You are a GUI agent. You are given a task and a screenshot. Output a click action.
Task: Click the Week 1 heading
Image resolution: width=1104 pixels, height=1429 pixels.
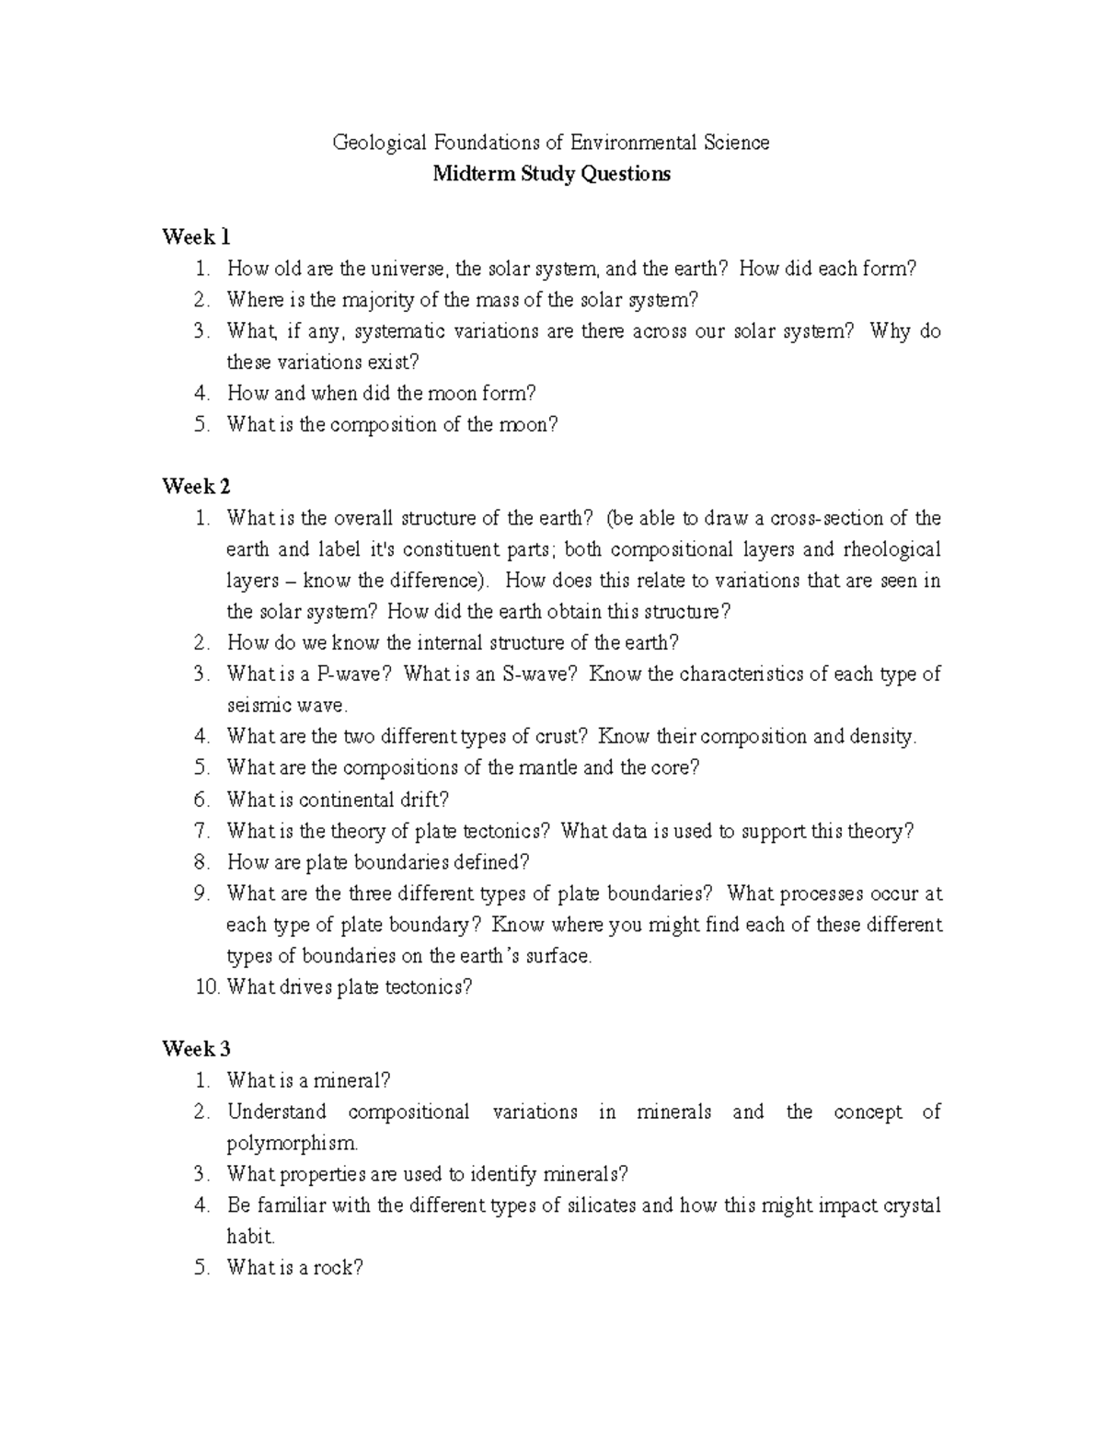(x=196, y=237)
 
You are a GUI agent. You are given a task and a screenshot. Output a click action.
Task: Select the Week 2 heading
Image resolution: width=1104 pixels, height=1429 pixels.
(x=196, y=487)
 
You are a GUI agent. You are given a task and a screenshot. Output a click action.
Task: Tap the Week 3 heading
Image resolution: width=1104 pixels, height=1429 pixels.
(x=196, y=1049)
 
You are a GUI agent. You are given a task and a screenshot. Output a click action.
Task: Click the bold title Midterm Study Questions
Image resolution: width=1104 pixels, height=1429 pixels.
(x=551, y=174)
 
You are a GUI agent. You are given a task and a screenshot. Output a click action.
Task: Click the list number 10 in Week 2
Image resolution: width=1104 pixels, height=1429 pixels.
(x=207, y=987)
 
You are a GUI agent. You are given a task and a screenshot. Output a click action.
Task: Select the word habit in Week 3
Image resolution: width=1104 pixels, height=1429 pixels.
(x=249, y=1237)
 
